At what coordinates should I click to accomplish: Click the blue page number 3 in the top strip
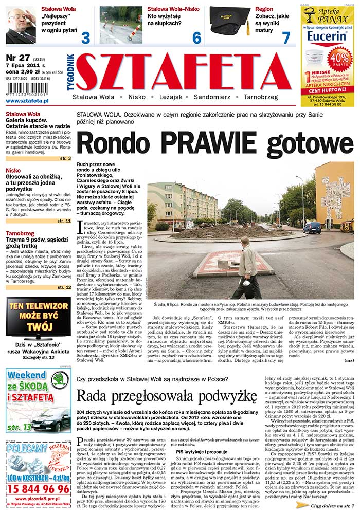(85, 37)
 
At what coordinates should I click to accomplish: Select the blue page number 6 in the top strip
(196, 37)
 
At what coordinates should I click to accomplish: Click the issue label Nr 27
(18, 57)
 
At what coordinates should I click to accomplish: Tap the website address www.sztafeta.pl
(27, 101)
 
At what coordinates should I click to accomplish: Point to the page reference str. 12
(65, 287)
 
